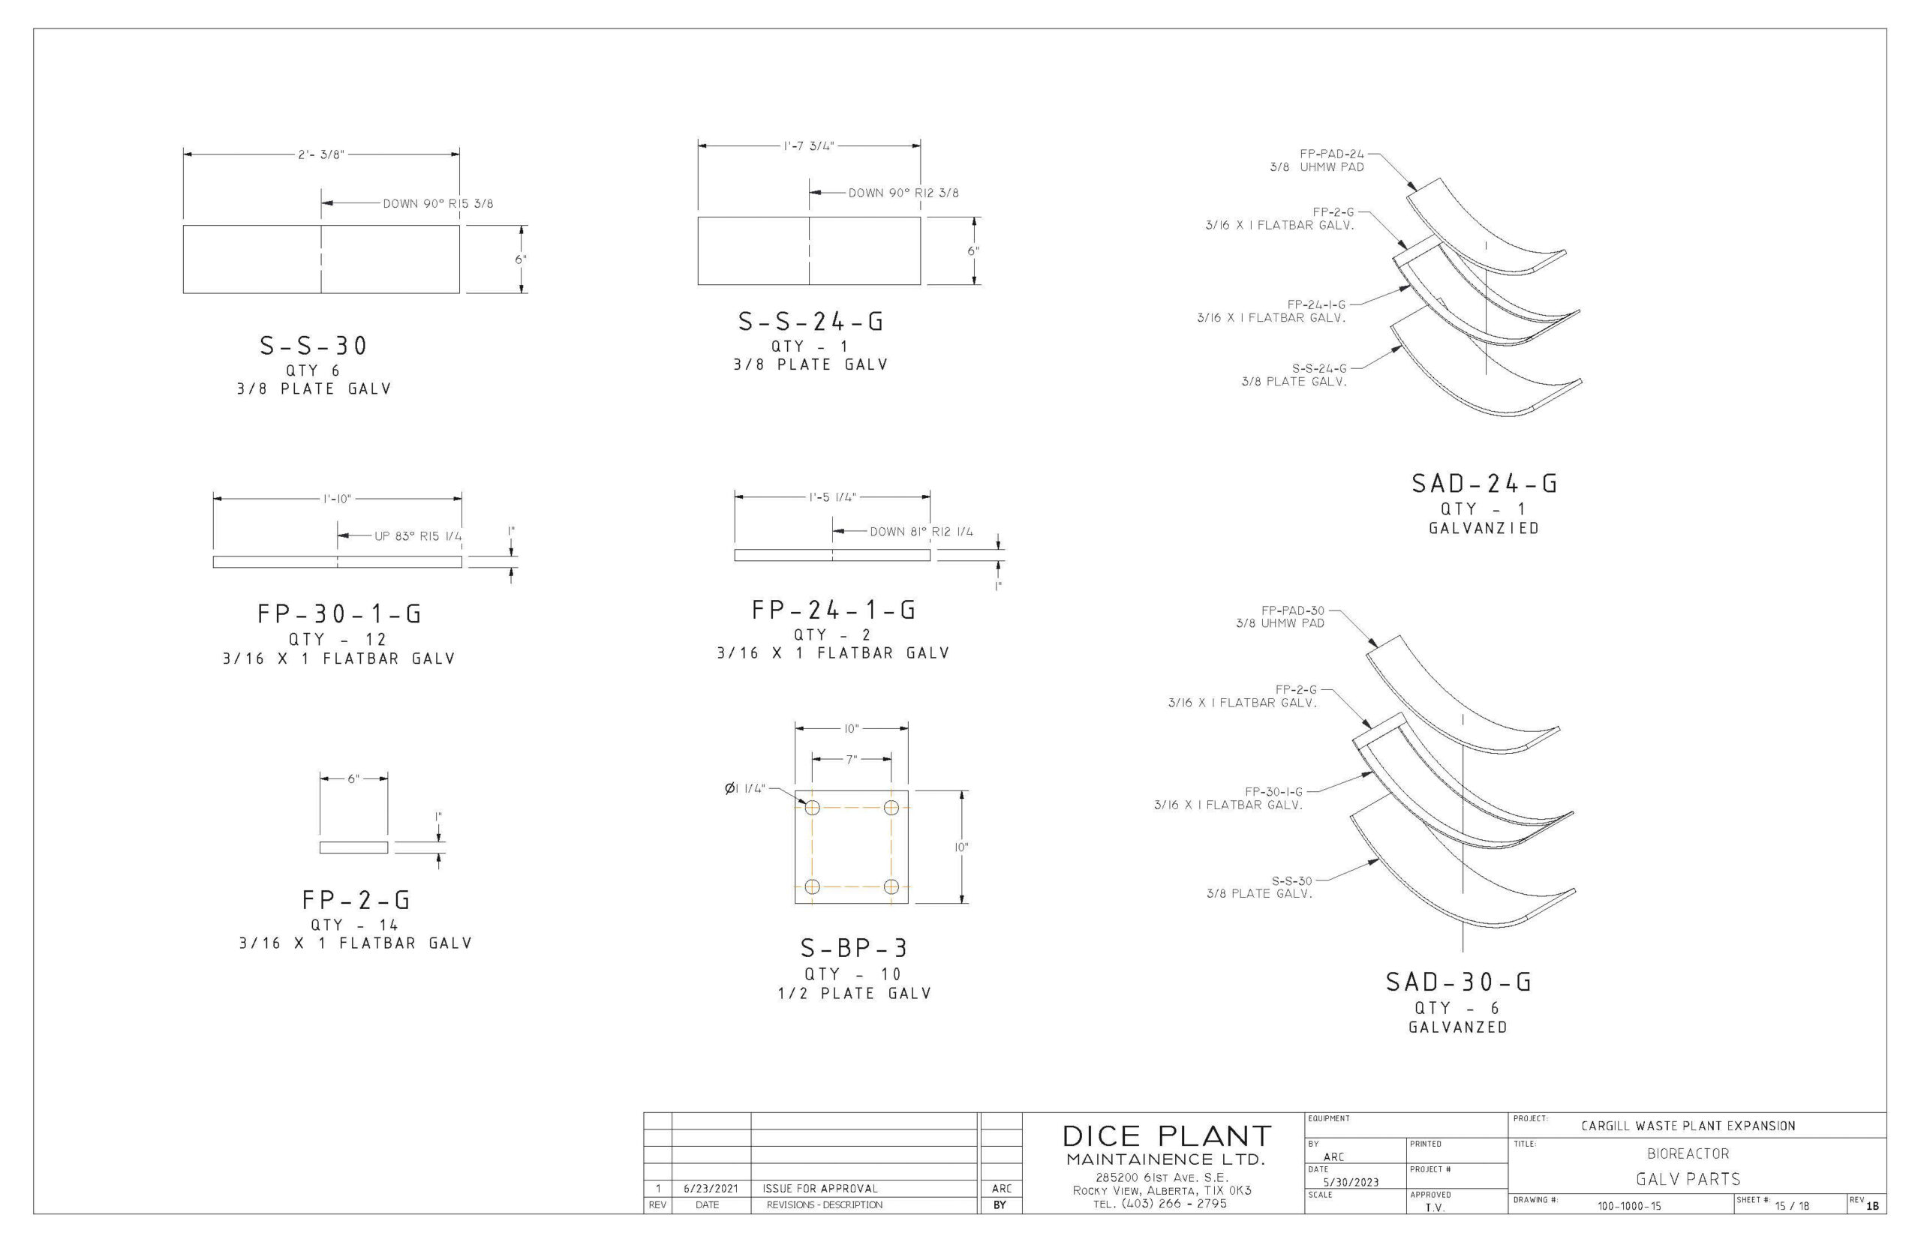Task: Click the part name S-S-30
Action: pyautogui.click(x=313, y=346)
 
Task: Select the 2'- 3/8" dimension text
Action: pyautogui.click(x=321, y=154)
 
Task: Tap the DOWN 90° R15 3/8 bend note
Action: pyautogui.click(x=437, y=204)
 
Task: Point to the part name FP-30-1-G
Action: pyautogui.click(x=340, y=614)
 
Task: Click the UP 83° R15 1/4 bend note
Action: pyautogui.click(x=418, y=536)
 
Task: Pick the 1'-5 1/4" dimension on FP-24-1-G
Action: pyautogui.click(x=832, y=497)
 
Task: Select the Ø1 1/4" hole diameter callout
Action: pyautogui.click(x=744, y=789)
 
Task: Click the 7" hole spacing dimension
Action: pyautogui.click(x=851, y=760)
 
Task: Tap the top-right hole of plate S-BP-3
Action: pyautogui.click(x=891, y=808)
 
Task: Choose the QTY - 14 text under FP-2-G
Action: pyautogui.click(x=355, y=925)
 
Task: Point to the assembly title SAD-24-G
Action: pyautogui.click(x=1484, y=484)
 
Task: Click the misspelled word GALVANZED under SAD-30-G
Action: pyautogui.click(x=1458, y=1027)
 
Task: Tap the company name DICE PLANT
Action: pyautogui.click(x=1167, y=1136)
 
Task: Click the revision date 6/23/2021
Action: pyautogui.click(x=710, y=1189)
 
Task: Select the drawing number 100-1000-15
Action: pyautogui.click(x=1629, y=1207)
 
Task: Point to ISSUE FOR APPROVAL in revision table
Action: pyautogui.click(x=819, y=1189)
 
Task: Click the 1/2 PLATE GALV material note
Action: pyautogui.click(x=855, y=994)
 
